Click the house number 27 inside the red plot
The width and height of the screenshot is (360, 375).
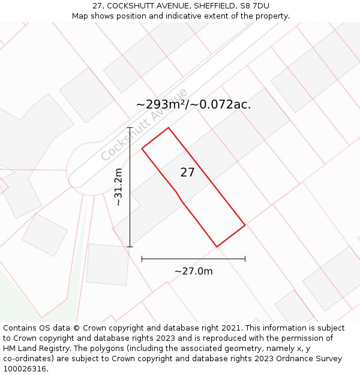coord(187,173)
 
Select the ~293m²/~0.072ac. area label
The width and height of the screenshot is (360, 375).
coord(193,104)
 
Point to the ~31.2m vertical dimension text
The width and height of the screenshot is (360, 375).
coord(118,187)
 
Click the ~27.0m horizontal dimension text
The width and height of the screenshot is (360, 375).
coord(193,271)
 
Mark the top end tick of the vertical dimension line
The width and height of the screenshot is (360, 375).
coord(130,128)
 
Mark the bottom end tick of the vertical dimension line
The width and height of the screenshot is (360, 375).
coord(130,247)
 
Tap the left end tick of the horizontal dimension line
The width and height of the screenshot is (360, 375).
coord(142,259)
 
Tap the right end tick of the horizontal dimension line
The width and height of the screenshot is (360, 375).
coord(245,259)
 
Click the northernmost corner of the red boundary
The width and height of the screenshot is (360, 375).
coord(169,128)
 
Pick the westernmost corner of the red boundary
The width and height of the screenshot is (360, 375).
coord(142,148)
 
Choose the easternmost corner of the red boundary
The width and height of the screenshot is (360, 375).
coord(245,225)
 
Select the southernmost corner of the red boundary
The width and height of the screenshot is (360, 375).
coord(217,247)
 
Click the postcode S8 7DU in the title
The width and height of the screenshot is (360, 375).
coord(254,6)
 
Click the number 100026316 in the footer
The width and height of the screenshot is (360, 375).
coord(23,368)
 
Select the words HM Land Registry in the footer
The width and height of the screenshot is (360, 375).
coord(33,349)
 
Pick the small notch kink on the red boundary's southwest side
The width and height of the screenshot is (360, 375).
coord(177,193)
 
